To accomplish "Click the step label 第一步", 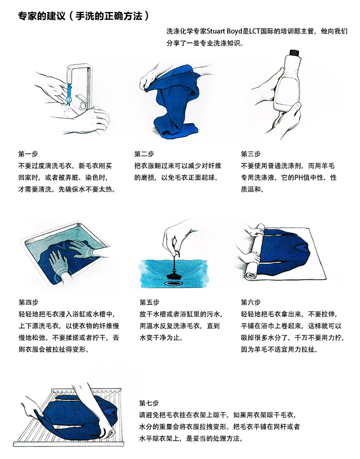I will (28, 154).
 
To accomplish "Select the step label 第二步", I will (144, 154).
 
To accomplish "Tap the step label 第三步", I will (251, 154).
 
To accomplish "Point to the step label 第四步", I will (28, 302).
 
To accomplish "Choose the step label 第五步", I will (149, 302).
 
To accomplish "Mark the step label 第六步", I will (251, 302).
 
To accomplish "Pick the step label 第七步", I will (149, 402).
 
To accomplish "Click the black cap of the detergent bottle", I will (294, 52).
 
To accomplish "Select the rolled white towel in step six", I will (252, 254).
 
